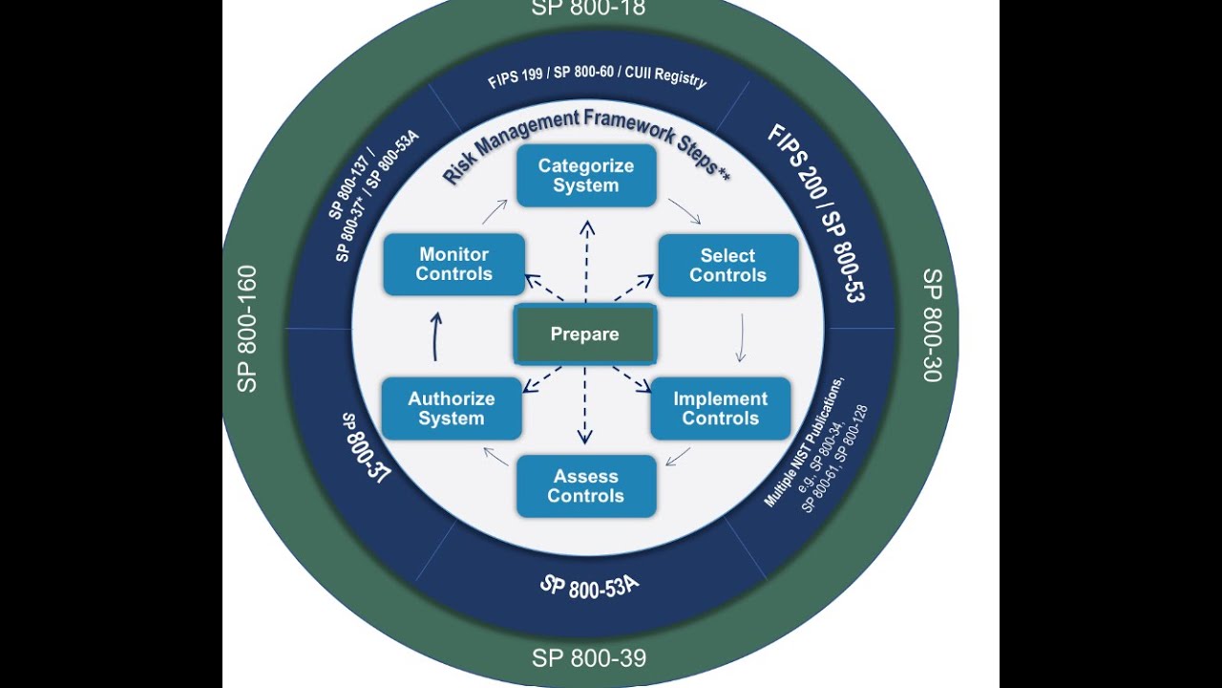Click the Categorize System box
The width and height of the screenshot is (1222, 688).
(x=585, y=176)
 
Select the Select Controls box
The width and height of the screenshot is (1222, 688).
(x=727, y=266)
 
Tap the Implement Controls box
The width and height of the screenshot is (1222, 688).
(x=720, y=409)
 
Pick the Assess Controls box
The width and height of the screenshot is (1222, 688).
(x=585, y=486)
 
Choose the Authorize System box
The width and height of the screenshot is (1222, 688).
(x=452, y=409)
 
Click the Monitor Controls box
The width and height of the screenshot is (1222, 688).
(x=453, y=265)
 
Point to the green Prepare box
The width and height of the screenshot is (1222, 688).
(x=584, y=334)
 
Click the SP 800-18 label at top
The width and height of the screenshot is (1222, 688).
(x=588, y=9)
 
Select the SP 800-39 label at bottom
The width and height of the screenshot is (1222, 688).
(x=588, y=658)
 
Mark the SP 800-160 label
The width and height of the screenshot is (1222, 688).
(x=246, y=329)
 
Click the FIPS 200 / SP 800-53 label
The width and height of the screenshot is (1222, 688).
(x=816, y=212)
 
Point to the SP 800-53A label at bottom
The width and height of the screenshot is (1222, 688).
(x=588, y=586)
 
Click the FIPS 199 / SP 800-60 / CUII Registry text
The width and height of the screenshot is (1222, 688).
(x=598, y=77)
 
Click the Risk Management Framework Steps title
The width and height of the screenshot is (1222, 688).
(x=585, y=143)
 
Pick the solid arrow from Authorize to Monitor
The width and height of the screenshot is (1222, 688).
(x=436, y=336)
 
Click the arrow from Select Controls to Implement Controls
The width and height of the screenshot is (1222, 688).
(x=741, y=338)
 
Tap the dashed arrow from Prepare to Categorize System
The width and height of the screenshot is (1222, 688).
(x=586, y=263)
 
